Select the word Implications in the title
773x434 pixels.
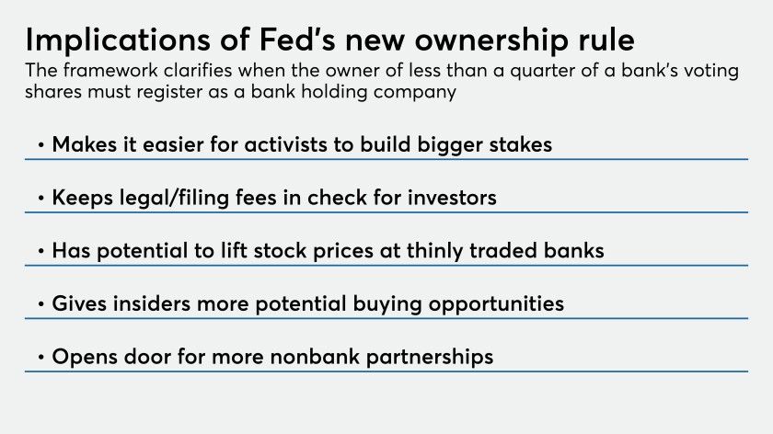(119, 40)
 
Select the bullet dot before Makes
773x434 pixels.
(40, 145)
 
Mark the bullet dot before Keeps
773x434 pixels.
(40, 198)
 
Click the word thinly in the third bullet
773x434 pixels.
(434, 251)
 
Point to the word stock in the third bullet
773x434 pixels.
(280, 250)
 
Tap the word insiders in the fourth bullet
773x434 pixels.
(151, 303)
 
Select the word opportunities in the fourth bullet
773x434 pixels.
(496, 304)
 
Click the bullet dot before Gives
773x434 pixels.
(40, 304)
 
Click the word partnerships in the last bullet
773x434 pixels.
(430, 358)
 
